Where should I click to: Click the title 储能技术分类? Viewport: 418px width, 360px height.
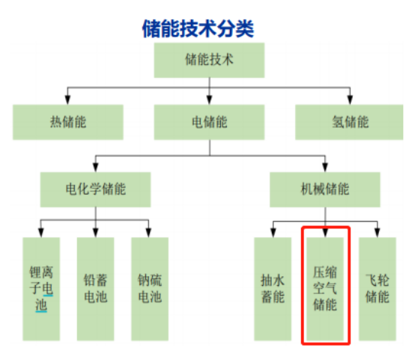click(x=198, y=28)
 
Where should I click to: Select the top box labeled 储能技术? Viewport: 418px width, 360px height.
click(x=209, y=60)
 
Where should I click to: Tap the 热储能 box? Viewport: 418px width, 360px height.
click(x=68, y=122)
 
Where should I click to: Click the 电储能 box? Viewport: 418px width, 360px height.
click(x=209, y=122)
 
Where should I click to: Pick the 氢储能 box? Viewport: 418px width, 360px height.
click(x=349, y=122)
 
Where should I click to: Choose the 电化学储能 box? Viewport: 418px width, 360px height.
click(x=95, y=189)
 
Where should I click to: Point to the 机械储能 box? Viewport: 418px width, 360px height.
click(x=325, y=189)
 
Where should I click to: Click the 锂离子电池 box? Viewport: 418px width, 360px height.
click(x=41, y=289)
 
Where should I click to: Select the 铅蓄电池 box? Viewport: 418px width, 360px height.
click(x=95, y=289)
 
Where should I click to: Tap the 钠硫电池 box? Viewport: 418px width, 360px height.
click(x=150, y=289)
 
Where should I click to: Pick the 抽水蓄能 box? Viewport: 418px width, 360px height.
click(x=273, y=289)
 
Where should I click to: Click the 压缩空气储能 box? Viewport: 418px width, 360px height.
click(x=325, y=289)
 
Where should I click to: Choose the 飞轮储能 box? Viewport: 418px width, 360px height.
click(x=378, y=289)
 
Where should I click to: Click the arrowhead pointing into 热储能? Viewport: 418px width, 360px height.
click(x=67, y=100)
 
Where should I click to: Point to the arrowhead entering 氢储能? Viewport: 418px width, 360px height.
click(x=350, y=100)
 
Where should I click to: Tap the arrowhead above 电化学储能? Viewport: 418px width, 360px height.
click(x=95, y=168)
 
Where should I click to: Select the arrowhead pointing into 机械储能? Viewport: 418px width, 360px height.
click(x=325, y=168)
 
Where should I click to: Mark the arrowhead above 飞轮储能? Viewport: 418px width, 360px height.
click(x=378, y=233)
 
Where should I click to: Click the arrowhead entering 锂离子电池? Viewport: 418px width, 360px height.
click(x=40, y=233)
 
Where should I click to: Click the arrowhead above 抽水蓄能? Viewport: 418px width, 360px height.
click(x=273, y=233)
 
